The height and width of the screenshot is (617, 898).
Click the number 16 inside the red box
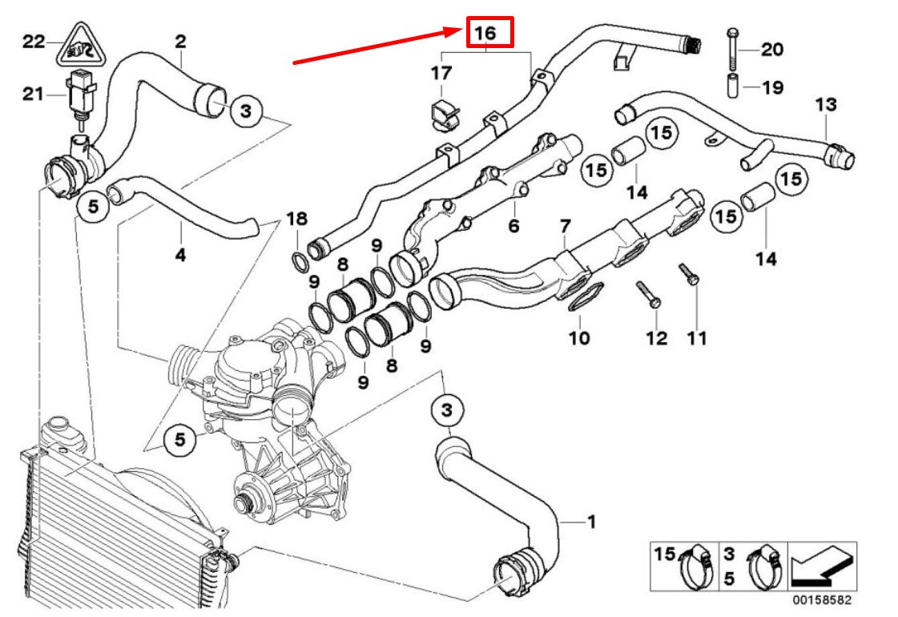click(488, 33)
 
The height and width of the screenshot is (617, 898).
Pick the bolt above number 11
click(690, 276)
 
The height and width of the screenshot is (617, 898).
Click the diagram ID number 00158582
click(822, 599)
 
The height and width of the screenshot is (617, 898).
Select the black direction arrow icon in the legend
click(822, 567)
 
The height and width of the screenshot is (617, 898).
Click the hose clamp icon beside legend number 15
click(697, 566)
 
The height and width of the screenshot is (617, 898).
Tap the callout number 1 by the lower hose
click(591, 522)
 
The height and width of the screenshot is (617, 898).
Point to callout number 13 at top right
click(825, 104)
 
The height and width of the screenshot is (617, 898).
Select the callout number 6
click(513, 227)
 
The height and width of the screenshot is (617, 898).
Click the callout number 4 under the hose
click(180, 256)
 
